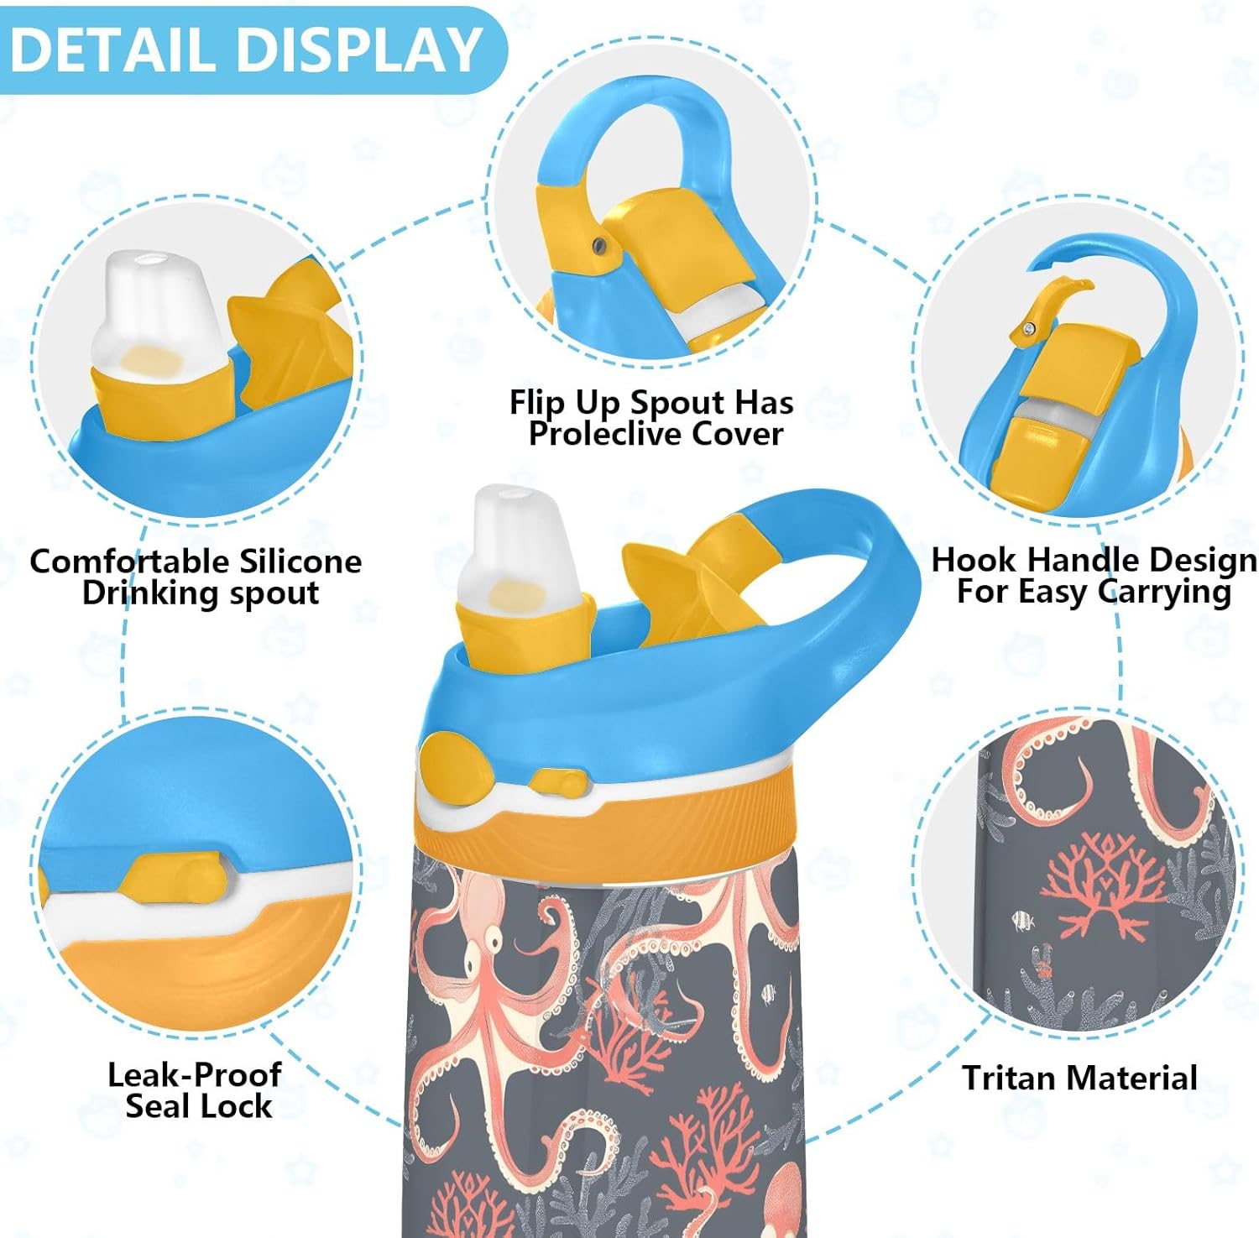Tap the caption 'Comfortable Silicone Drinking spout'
(196, 577)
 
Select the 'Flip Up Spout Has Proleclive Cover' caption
(651, 417)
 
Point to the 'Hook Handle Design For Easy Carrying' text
(1094, 575)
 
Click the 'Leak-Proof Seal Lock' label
(196, 1089)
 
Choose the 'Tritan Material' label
(1079, 1078)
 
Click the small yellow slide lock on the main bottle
(558, 783)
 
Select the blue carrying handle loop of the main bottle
(848, 588)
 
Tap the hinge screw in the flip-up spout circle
(598, 244)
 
